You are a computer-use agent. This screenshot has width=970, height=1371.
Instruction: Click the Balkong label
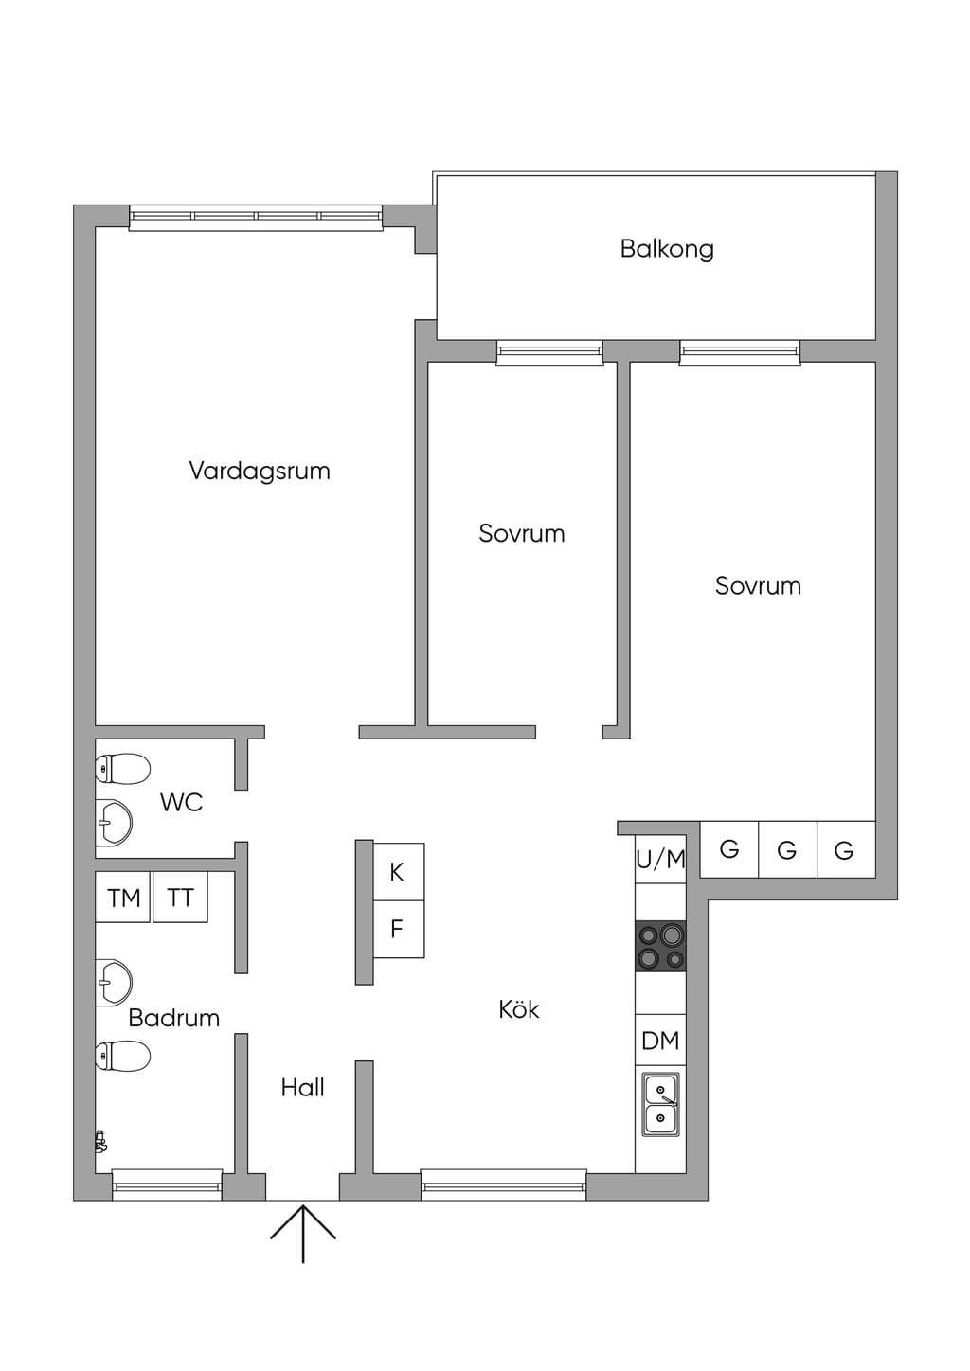pos(667,249)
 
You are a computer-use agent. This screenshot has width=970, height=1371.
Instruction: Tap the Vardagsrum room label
pos(259,471)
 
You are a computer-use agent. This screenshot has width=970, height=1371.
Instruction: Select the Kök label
pos(519,1009)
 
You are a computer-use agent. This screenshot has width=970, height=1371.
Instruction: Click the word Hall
pos(302,1088)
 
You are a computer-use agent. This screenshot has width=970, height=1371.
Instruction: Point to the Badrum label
pos(174,1018)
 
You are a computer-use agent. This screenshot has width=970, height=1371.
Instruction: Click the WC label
pos(181,802)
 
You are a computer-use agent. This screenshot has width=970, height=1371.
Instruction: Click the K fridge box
pos(399,872)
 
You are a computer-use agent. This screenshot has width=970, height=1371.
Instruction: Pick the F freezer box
pos(399,929)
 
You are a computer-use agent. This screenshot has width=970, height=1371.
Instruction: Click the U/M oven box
pos(660,859)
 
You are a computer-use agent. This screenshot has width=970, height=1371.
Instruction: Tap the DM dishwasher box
pos(660,1040)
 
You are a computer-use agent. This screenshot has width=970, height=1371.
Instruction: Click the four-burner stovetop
pos(660,946)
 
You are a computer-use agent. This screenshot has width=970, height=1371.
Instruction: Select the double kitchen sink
pos(660,1104)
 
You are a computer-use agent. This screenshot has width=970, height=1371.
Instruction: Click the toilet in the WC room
pos(122,768)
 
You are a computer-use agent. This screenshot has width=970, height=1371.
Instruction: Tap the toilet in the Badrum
pos(122,1056)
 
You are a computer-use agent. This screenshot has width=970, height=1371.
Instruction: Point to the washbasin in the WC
pos(114,823)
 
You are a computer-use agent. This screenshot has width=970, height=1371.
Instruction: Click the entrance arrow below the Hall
pos(303,1234)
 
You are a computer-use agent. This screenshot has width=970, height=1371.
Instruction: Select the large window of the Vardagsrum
pos(256,218)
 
